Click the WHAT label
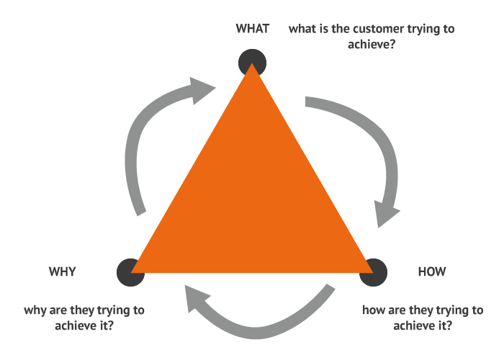coord(252,29)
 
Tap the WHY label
coord(63,271)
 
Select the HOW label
coord(432,271)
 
